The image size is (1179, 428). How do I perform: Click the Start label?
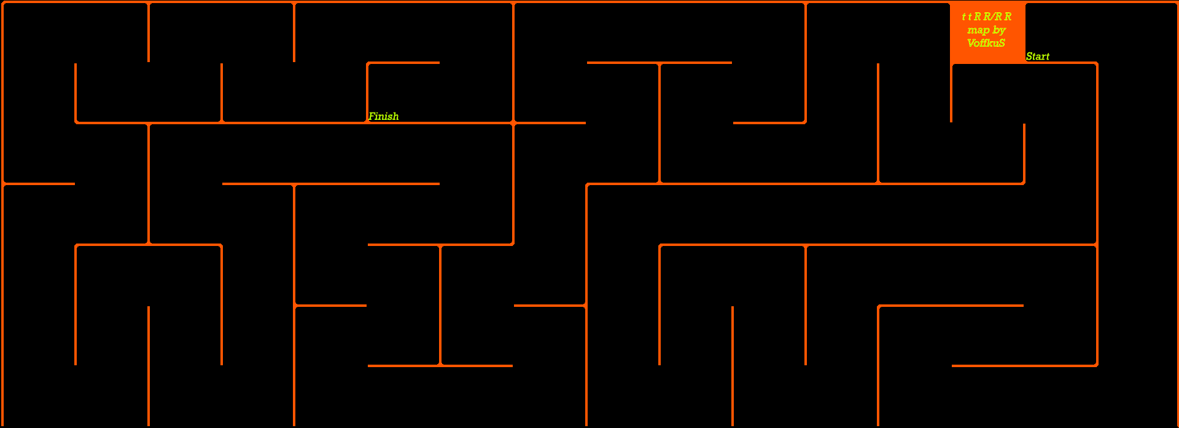point(1038,57)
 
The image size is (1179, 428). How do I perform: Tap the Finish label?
point(383,116)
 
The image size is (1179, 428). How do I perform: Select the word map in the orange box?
point(978,30)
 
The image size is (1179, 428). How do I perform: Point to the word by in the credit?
point(999,30)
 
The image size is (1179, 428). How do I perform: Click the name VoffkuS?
point(986,43)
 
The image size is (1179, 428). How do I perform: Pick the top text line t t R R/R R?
point(986,17)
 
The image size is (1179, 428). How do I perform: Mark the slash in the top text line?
point(993,17)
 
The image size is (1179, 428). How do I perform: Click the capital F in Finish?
point(372,116)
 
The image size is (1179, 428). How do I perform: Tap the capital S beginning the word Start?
point(1029,57)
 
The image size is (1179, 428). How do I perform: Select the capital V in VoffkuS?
point(971,43)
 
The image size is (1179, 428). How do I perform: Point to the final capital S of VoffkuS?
point(1002,43)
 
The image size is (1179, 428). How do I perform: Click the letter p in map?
point(986,31)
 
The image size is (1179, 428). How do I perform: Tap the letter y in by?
point(1002,31)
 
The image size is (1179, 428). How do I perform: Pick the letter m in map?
point(971,30)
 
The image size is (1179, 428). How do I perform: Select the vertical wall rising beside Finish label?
point(367,92)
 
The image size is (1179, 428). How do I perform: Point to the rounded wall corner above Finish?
point(368,63)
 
